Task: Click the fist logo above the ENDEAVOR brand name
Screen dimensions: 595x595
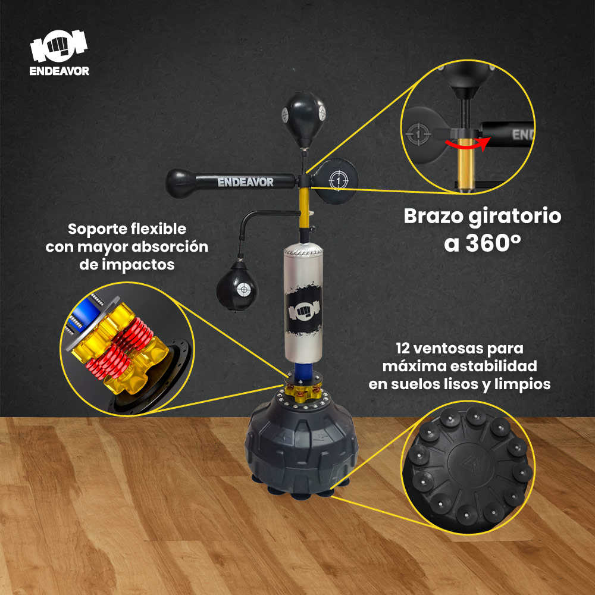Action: coord(59,46)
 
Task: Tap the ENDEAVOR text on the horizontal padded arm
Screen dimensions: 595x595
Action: coord(245,182)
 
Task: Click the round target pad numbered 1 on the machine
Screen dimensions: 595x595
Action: coord(336,180)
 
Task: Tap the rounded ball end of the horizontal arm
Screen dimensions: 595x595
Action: coord(181,184)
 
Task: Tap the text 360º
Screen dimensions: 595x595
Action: coord(493,243)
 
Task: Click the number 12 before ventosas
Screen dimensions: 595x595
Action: coord(402,348)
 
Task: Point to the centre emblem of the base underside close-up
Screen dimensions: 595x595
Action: coord(471,465)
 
